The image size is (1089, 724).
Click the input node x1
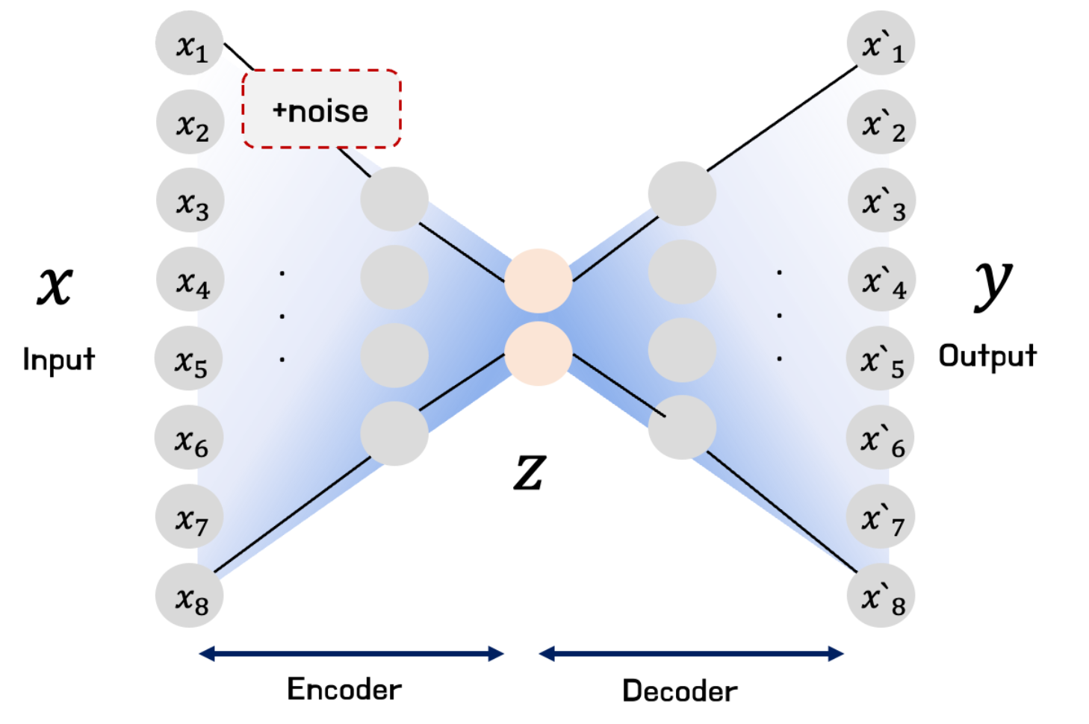click(x=190, y=43)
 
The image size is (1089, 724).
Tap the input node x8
click(x=190, y=596)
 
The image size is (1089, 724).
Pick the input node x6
click(x=189, y=437)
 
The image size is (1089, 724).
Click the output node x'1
click(x=881, y=43)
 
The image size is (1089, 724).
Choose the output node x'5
click(x=881, y=358)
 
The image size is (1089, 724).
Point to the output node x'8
click(x=881, y=596)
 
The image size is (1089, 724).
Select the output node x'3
click(x=882, y=201)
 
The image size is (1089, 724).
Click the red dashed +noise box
click(x=321, y=110)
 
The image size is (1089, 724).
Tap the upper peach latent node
click(x=538, y=281)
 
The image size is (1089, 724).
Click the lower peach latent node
click(x=538, y=353)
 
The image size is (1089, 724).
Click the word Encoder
click(x=344, y=689)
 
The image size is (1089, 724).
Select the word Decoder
click(x=680, y=690)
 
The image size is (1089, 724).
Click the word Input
click(x=58, y=359)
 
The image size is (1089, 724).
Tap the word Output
click(x=987, y=356)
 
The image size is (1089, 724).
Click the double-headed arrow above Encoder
click(x=351, y=655)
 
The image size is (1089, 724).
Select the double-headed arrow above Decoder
click(x=691, y=655)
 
